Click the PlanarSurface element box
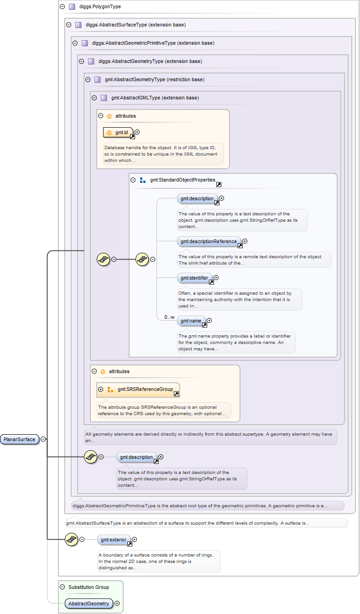coord(20,439)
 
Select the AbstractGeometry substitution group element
coord(89,604)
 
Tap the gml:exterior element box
coord(114,540)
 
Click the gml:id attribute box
coord(118,132)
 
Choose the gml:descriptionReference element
coord(209,241)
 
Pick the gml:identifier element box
coord(194,278)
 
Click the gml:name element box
coord(191,321)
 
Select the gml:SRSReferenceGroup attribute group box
coord(138,390)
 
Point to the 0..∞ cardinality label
coord(169,317)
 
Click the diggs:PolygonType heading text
coord(100,6)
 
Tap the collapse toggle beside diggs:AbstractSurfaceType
coord(69,25)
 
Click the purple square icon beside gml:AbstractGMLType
coord(104,98)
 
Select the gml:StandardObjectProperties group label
coord(183,180)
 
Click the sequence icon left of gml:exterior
coord(72,540)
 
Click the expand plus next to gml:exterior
coord(134,540)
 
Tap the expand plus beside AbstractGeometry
coord(117,604)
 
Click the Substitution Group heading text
coord(89,587)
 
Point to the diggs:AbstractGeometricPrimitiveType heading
coord(153,43)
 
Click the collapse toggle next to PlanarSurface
coord(43,439)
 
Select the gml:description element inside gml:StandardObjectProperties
coord(197,199)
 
